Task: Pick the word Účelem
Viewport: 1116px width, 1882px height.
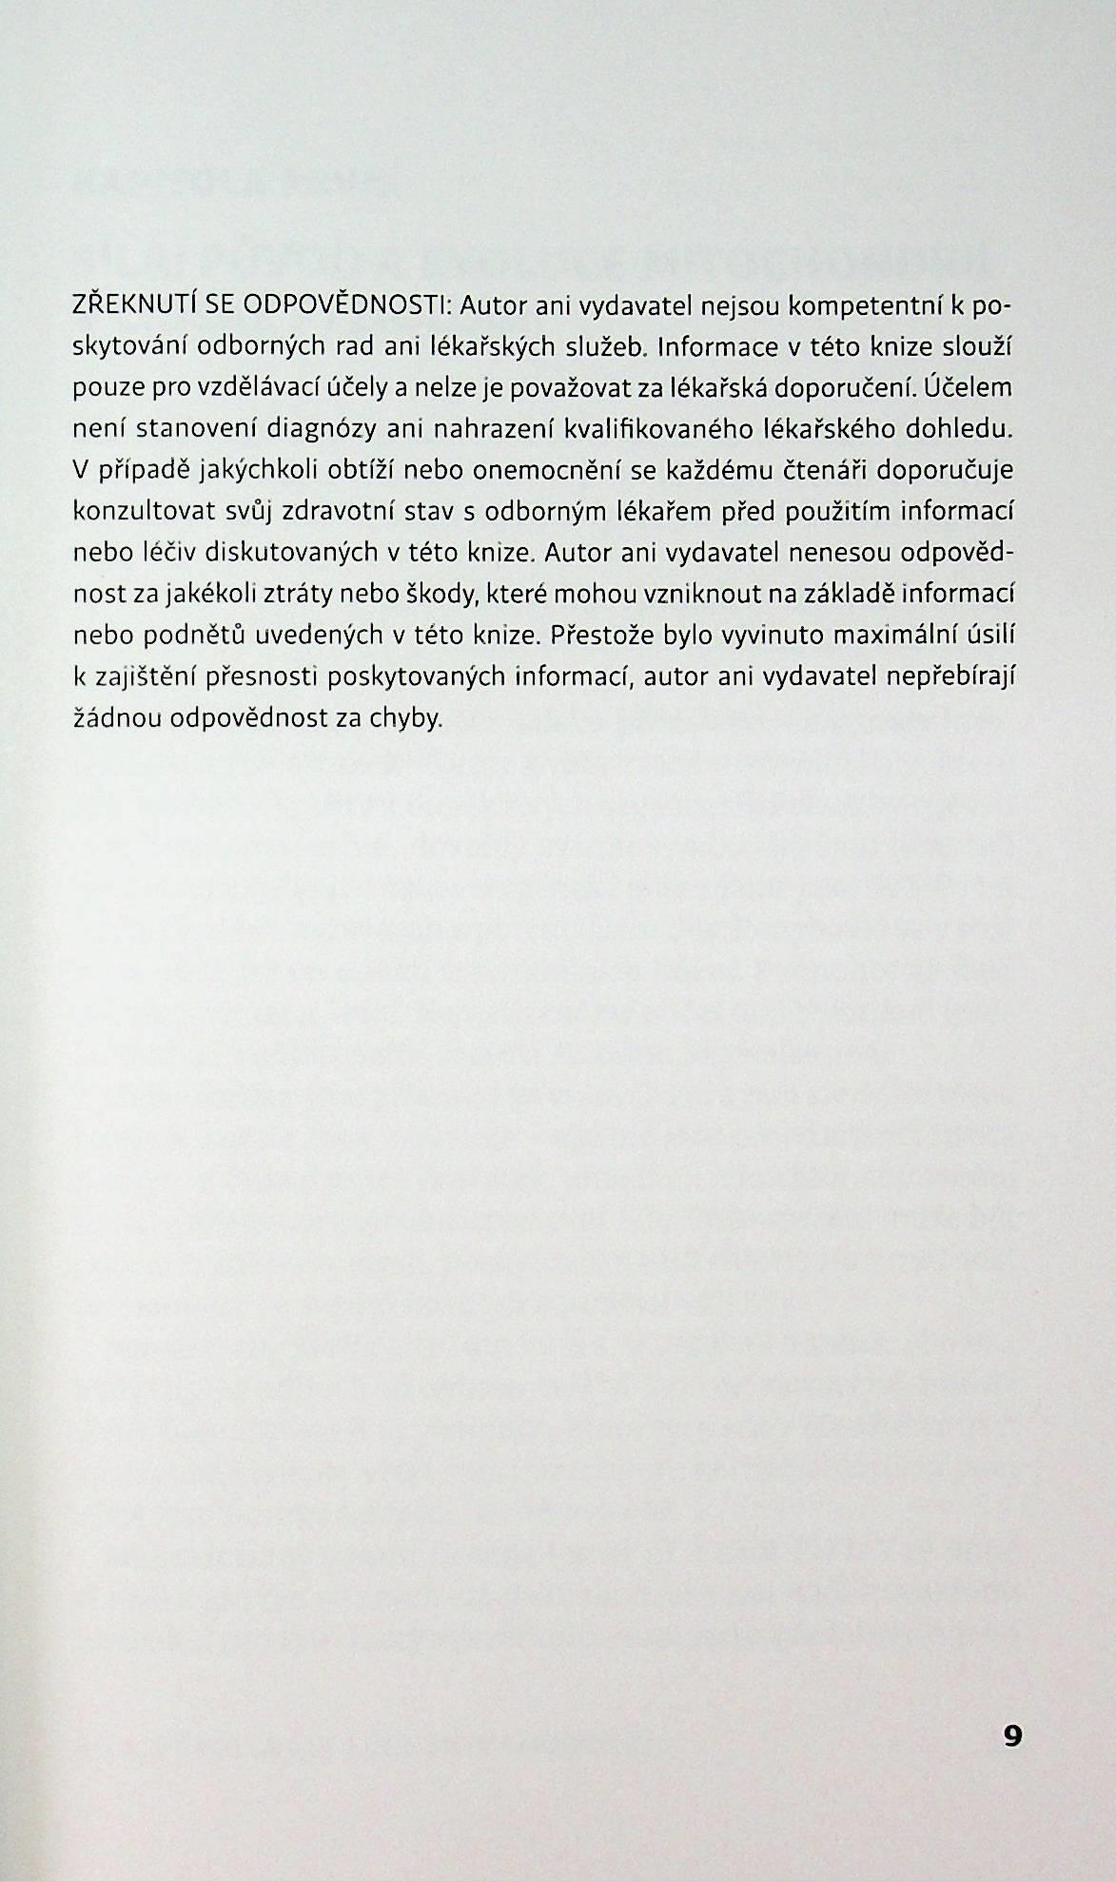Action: click(x=974, y=388)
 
